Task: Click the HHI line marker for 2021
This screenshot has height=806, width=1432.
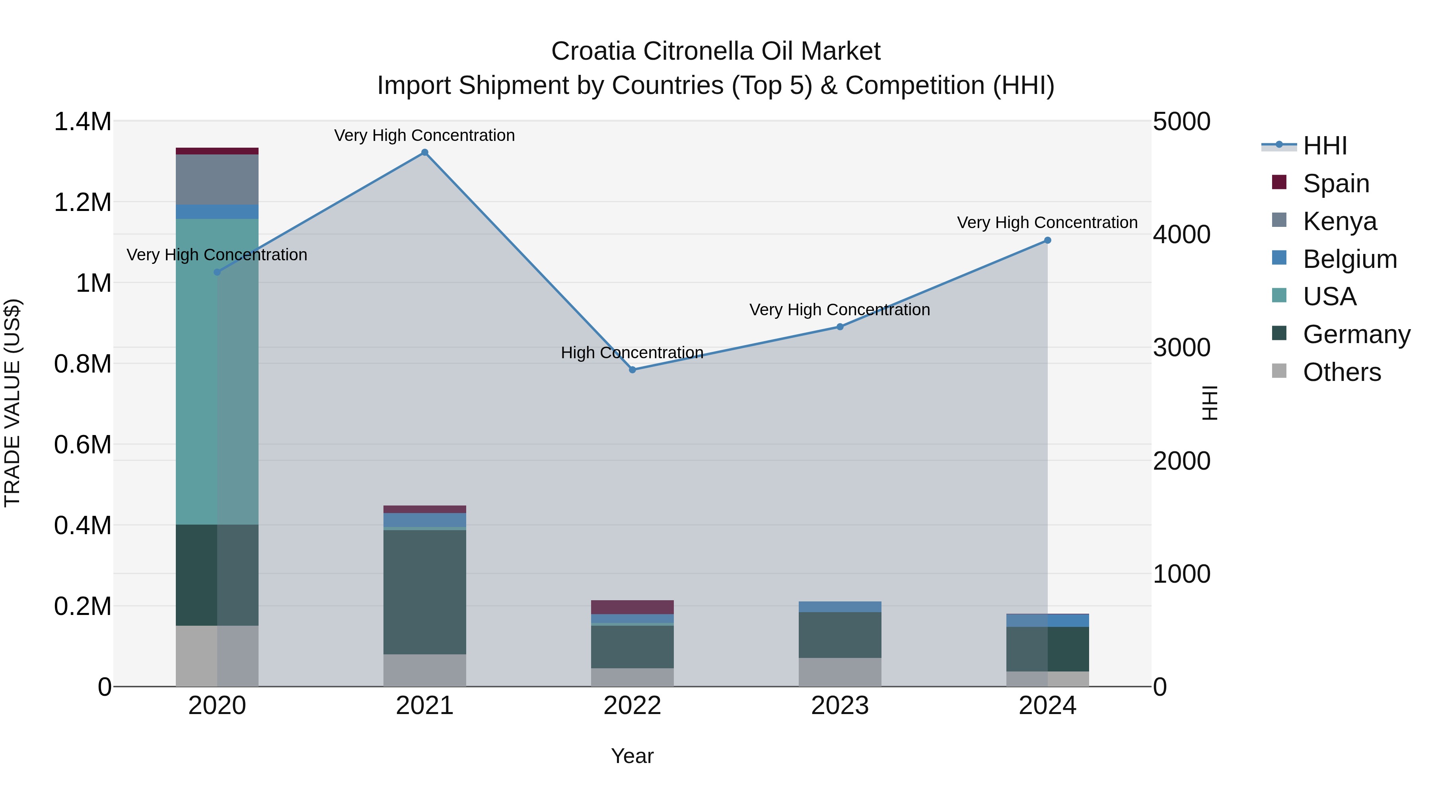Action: click(x=425, y=152)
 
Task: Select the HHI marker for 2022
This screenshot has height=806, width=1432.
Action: click(x=632, y=370)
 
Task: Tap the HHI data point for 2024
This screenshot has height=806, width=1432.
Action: click(x=1047, y=240)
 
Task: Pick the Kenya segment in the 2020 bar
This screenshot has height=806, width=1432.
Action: click(x=217, y=180)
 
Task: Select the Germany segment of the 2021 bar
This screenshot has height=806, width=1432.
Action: click(x=425, y=592)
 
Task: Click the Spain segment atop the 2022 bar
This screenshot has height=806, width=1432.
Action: click(x=632, y=607)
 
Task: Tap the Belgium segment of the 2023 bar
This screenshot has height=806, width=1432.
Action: click(x=840, y=607)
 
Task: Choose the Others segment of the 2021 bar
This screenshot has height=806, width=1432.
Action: click(x=425, y=670)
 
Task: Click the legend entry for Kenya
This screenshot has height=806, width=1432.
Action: click(x=1339, y=221)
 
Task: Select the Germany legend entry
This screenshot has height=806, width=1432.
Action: click(x=1356, y=334)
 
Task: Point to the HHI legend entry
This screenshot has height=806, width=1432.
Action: click(x=1324, y=146)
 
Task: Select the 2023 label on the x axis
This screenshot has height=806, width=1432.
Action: click(x=840, y=705)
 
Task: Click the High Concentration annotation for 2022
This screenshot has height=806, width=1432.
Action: click(x=632, y=353)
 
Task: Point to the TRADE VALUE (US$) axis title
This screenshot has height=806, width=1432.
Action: click(x=12, y=403)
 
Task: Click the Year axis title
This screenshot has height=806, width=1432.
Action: click(x=632, y=756)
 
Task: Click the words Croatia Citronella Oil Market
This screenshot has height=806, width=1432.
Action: click(x=716, y=51)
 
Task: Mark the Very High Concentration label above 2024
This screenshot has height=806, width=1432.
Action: click(x=1047, y=222)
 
